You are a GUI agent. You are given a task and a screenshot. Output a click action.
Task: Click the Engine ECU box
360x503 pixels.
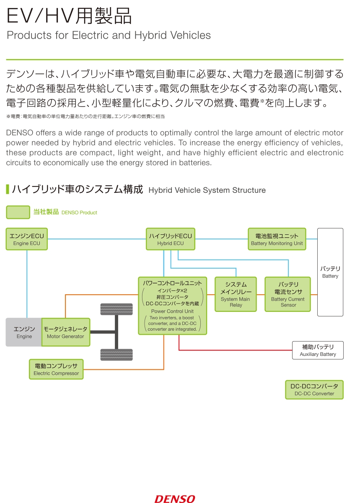pyautogui.click(x=27, y=239)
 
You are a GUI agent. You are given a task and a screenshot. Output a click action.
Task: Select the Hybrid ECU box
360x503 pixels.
pyautogui.click(x=171, y=239)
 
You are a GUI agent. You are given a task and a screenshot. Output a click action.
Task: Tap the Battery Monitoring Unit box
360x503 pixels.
pyautogui.click(x=277, y=239)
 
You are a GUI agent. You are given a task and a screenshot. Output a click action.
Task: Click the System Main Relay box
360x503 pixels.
pyautogui.click(x=236, y=294)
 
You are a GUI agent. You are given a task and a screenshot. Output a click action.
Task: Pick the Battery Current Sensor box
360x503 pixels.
pyautogui.click(x=287, y=294)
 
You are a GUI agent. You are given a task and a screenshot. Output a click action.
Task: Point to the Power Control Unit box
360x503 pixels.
pyautogui.click(x=173, y=306)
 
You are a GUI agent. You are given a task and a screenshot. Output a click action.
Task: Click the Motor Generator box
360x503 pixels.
pyautogui.click(x=65, y=332)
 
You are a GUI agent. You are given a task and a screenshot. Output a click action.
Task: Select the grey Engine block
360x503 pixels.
pyautogui.click(x=24, y=332)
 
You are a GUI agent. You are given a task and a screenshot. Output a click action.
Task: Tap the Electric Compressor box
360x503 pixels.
pyautogui.click(x=56, y=369)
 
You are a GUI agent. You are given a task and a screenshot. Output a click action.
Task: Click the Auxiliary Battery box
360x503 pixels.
pyautogui.click(x=318, y=350)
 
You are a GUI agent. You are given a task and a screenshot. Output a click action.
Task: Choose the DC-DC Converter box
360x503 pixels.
pyautogui.click(x=314, y=389)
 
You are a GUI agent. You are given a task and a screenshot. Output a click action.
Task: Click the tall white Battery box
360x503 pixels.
pyautogui.click(x=330, y=272)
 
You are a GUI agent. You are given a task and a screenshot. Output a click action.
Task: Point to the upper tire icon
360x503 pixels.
pyautogui.click(x=117, y=309)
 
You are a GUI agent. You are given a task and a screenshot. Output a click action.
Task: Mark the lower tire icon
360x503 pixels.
pyautogui.click(x=117, y=355)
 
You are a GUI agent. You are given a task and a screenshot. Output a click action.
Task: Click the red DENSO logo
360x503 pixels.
pyautogui.click(x=175, y=499)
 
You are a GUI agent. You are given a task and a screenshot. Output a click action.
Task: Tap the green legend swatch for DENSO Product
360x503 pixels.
pyautogui.click(x=18, y=212)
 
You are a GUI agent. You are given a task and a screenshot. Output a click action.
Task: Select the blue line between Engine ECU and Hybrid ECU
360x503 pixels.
pyautogui.click(x=97, y=239)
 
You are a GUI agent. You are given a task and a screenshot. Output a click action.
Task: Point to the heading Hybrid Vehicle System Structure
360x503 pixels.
pyautogui.click(x=207, y=190)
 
